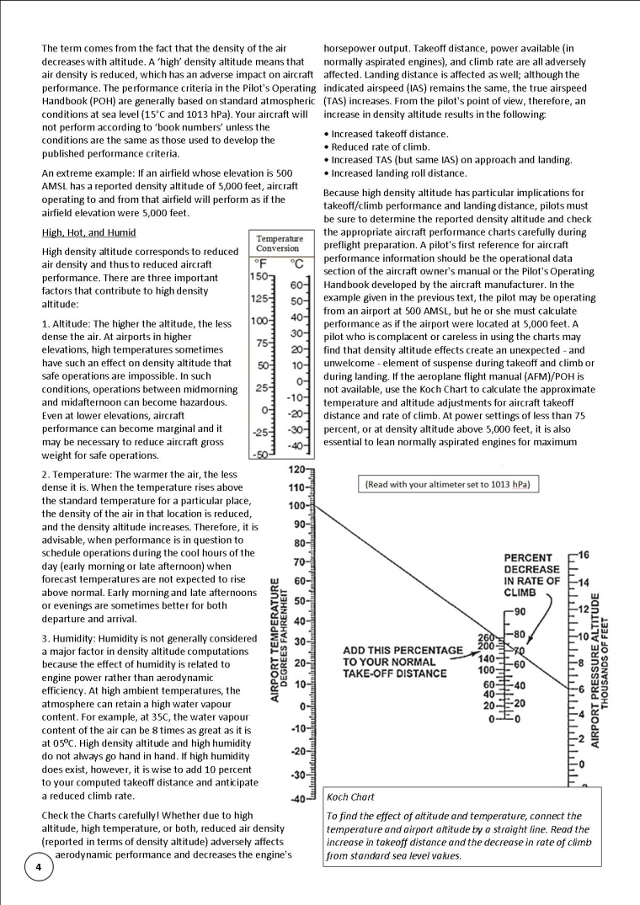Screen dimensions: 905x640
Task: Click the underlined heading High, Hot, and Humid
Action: pyautogui.click(x=88, y=232)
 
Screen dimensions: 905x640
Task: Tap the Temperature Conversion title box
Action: pyautogui.click(x=278, y=243)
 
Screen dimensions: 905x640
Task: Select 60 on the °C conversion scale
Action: pyautogui.click(x=296, y=285)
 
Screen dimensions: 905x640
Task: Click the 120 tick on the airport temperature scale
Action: pyautogui.click(x=295, y=470)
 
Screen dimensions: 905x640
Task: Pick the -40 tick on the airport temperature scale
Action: pyautogui.click(x=295, y=799)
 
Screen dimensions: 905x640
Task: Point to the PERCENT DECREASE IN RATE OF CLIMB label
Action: pyautogui.click(x=532, y=575)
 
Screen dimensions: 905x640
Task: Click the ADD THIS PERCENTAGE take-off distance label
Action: pyautogui.click(x=403, y=662)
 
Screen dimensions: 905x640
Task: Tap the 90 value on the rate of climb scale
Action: pyautogui.click(x=520, y=611)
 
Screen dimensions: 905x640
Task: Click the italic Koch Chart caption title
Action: pyautogui.click(x=351, y=796)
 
